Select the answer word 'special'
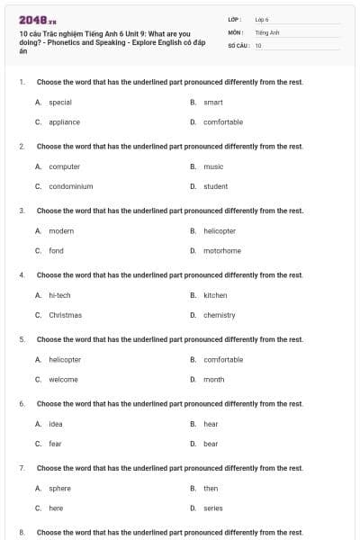(60, 103)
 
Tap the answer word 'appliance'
(64, 122)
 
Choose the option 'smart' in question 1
(213, 103)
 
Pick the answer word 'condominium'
(71, 186)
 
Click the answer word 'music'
(213, 166)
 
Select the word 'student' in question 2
(216, 186)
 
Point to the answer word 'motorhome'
(222, 251)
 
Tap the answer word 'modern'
(61, 231)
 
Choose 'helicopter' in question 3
(220, 231)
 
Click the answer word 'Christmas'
(65, 315)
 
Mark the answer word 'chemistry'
(220, 315)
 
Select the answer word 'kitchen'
(215, 295)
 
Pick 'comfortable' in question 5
(223, 360)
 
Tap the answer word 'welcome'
(63, 380)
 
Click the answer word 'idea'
(56, 424)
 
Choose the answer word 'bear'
(211, 444)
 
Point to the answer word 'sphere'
(59, 489)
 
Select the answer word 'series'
(213, 508)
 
